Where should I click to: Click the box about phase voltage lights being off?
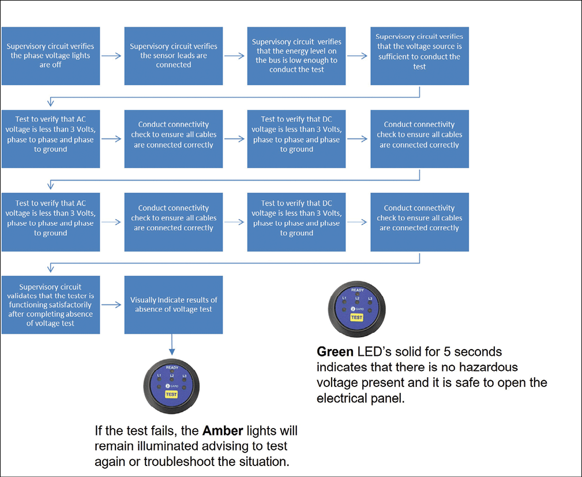50,56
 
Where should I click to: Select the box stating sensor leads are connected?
174,56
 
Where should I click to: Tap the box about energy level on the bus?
296,56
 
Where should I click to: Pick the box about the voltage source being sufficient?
419,56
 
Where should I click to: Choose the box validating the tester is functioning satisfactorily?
50,305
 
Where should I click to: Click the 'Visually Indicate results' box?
174,305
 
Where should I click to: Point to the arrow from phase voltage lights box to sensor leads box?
112,56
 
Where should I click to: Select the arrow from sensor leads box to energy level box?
235,56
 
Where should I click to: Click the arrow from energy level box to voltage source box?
358,56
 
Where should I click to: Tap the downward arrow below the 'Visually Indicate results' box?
172,344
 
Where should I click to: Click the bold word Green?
335,352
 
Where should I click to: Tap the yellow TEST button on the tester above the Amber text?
171,395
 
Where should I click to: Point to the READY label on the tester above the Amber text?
172,367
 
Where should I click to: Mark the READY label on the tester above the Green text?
358,290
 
